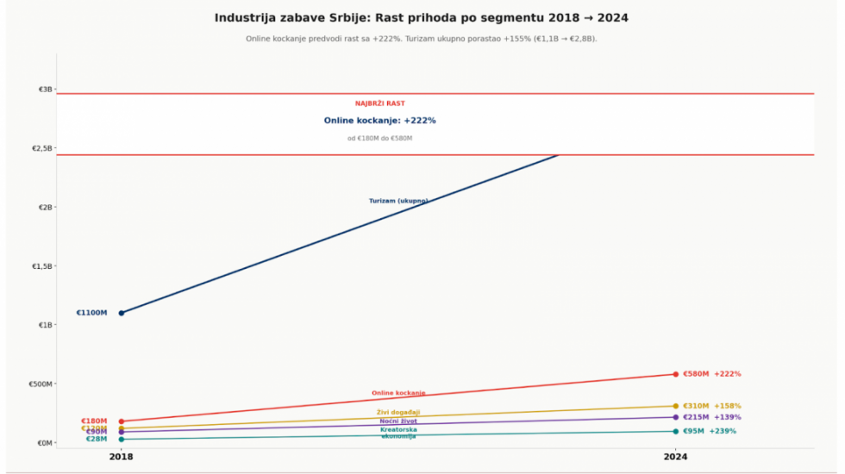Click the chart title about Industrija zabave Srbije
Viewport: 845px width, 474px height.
(422, 17)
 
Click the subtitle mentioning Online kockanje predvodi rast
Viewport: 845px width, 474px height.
(422, 39)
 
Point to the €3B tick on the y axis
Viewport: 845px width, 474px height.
(46, 90)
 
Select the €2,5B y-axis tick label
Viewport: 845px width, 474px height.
(42, 148)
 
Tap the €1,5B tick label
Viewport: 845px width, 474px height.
(42, 266)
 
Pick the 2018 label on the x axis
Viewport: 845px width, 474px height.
(121, 457)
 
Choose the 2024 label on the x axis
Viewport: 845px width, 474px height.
(676, 457)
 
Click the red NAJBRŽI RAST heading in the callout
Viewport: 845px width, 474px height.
(380, 103)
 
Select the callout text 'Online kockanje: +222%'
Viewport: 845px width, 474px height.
(380, 121)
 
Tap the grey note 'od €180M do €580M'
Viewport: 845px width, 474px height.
(380, 138)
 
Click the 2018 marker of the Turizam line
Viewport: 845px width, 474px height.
(122, 313)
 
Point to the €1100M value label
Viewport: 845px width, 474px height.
(91, 313)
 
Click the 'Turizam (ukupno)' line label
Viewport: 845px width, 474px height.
(398, 201)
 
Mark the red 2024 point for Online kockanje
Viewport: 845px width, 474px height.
(676, 374)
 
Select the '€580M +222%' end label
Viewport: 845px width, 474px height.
(711, 374)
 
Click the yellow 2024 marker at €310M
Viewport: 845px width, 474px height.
(676, 406)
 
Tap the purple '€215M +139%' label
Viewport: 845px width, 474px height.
(711, 417)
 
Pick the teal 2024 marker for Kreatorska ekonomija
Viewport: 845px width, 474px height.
(676, 431)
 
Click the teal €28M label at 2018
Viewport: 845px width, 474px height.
(97, 440)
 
